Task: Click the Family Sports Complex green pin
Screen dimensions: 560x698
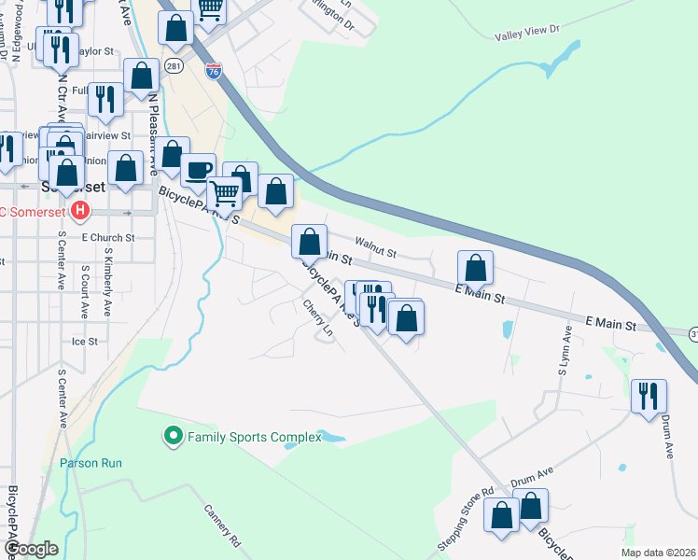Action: (173, 436)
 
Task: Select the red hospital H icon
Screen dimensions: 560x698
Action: (80, 211)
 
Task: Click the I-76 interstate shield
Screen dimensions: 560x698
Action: (214, 70)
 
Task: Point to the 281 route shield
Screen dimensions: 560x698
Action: (174, 66)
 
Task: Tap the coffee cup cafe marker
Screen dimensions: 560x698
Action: (198, 170)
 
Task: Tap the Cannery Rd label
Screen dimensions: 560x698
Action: (222, 525)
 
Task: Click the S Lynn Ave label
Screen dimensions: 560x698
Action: (564, 351)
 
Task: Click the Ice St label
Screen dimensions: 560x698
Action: (84, 343)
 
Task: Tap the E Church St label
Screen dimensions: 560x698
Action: (108, 238)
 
